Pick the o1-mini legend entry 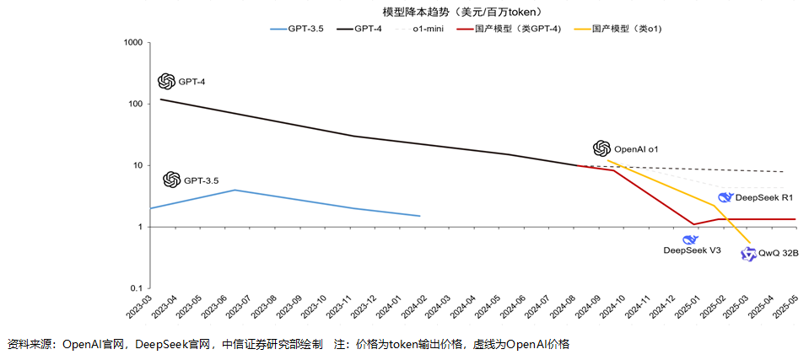[x=429, y=29]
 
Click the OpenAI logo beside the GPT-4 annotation [x=166, y=81]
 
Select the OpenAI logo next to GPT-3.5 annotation [x=171, y=180]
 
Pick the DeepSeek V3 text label [x=692, y=250]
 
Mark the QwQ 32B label [x=778, y=253]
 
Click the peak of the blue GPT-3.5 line [x=235, y=190]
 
